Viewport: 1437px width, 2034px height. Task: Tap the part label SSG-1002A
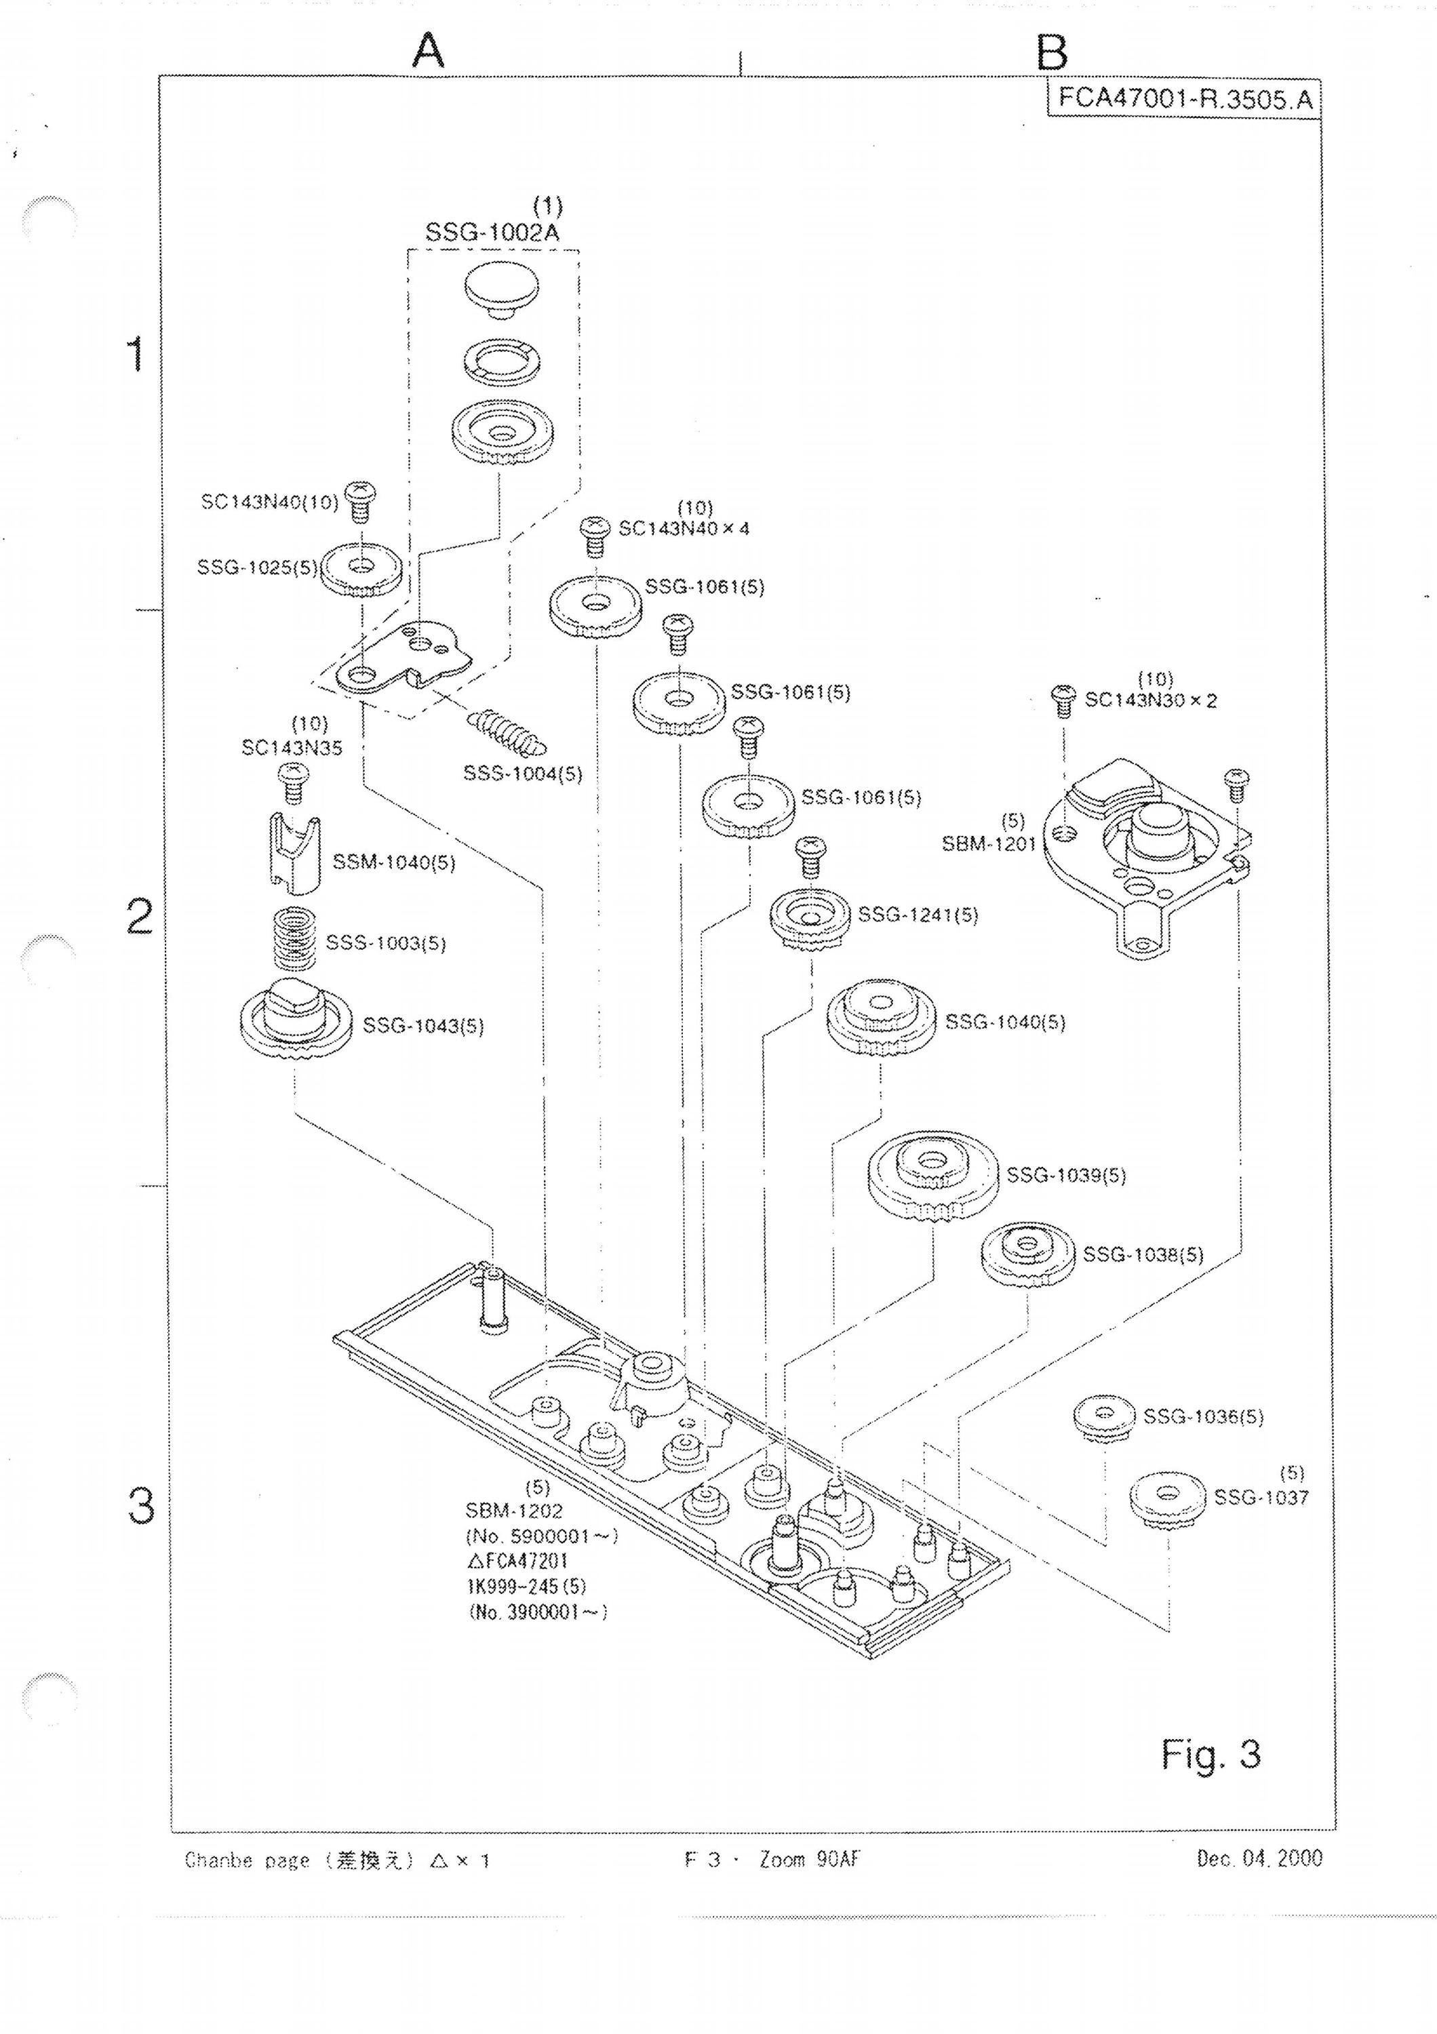[492, 233]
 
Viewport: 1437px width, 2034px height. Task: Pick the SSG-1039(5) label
[1066, 1176]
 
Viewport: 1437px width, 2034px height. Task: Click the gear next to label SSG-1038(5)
[1027, 1254]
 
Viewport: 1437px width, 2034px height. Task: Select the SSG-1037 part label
[1261, 1497]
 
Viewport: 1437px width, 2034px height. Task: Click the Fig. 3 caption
[1211, 1754]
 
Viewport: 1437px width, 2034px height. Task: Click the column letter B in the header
[1052, 52]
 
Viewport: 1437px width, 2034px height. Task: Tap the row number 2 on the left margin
[140, 917]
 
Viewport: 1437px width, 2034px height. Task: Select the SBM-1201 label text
[989, 843]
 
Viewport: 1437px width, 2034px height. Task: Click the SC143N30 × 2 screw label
[1151, 700]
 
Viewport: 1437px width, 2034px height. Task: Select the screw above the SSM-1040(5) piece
[292, 783]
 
